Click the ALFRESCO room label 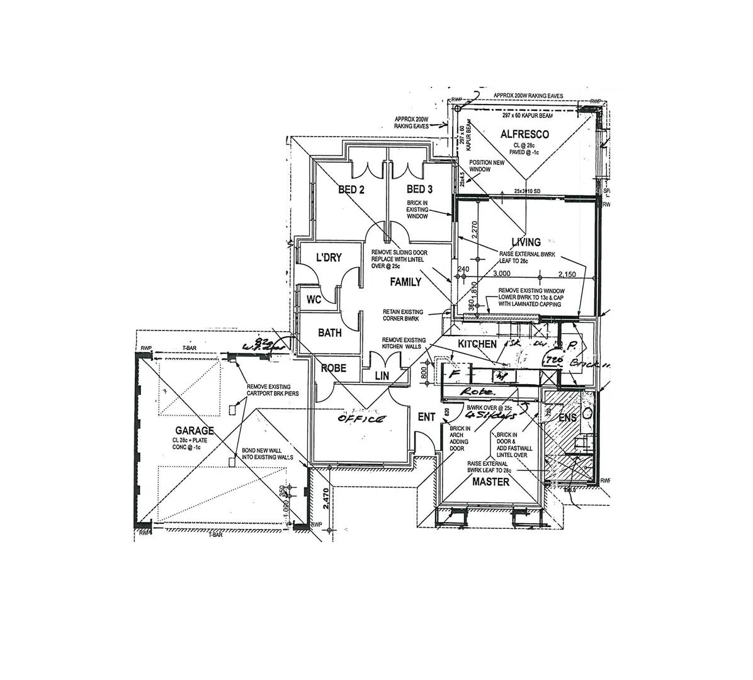(524, 134)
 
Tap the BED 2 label (352, 190)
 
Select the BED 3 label (419, 190)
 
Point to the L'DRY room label (329, 258)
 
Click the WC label (314, 300)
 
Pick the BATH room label (330, 332)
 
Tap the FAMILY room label (405, 282)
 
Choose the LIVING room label (526, 242)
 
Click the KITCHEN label (477, 344)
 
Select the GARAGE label (195, 431)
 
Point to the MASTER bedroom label (490, 482)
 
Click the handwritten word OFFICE (361, 419)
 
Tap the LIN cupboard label (382, 376)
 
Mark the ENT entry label (426, 417)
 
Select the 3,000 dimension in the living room (502, 274)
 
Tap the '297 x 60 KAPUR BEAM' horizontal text (527, 116)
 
